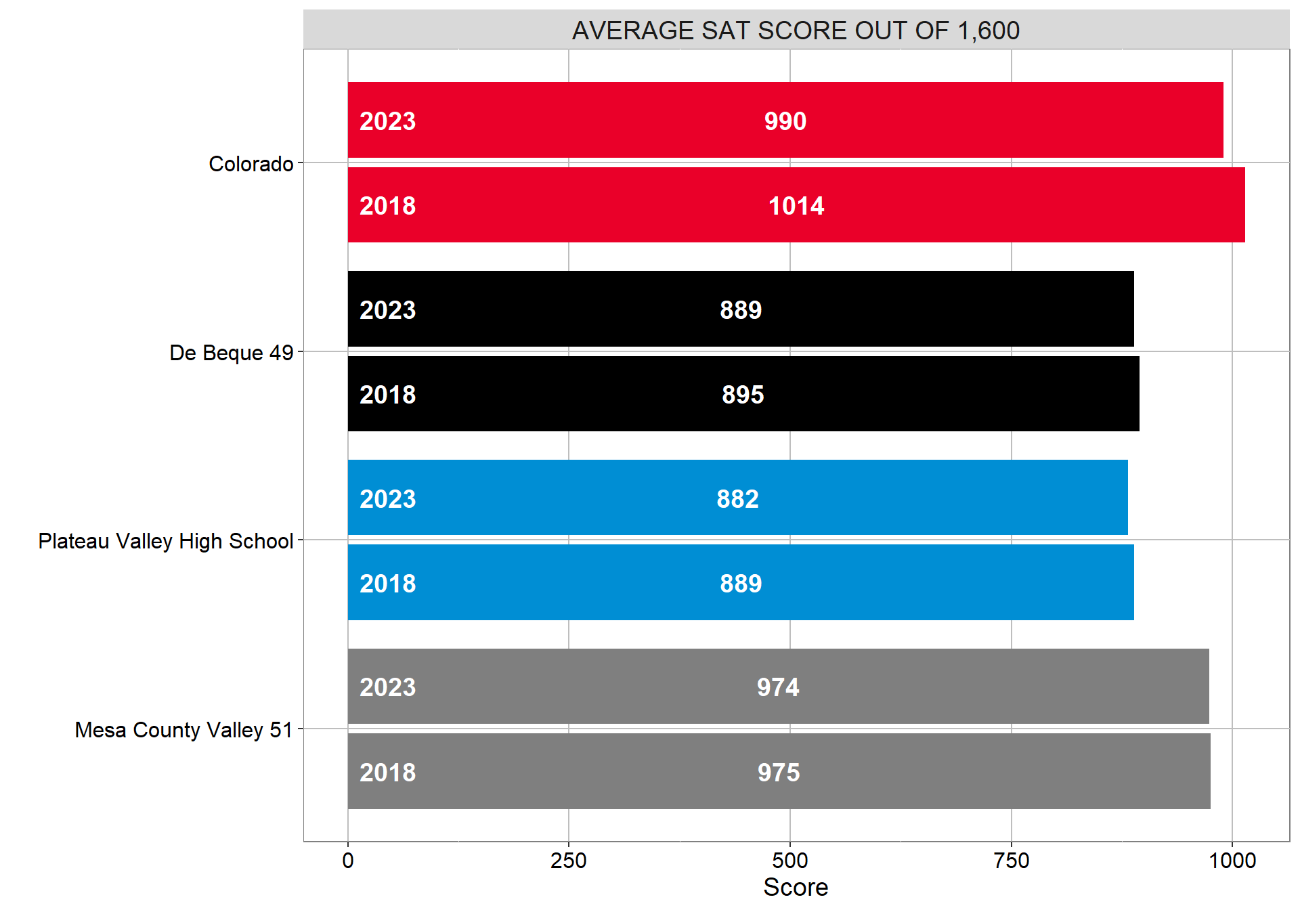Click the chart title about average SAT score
point(796,30)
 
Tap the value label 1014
point(796,206)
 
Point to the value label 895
point(743,395)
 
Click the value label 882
point(737,499)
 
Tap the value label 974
point(778,687)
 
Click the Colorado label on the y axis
point(251,164)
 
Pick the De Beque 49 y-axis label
point(231,353)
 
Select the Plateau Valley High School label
point(165,541)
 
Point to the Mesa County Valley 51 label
point(183,730)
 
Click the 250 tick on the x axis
point(569,861)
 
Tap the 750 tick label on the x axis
point(1011,861)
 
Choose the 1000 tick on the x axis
point(1232,861)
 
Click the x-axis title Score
point(796,887)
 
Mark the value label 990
point(785,121)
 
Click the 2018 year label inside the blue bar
point(387,584)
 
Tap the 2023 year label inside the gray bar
point(387,687)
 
